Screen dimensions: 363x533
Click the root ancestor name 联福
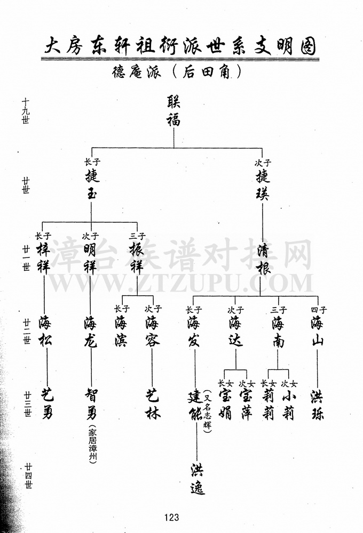pyautogui.click(x=173, y=111)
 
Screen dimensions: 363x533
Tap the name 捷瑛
pyautogui.click(x=263, y=185)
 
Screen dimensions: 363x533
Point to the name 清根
pyautogui.click(x=264, y=260)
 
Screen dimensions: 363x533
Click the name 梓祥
pyautogui.click(x=43, y=258)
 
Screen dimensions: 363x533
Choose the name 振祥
pyautogui.click(x=137, y=258)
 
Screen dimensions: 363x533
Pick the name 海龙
pyautogui.click(x=90, y=332)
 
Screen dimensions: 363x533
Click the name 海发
pyautogui.click(x=193, y=332)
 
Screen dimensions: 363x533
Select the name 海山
pyautogui.click(x=317, y=331)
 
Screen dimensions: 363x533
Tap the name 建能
pyautogui.click(x=195, y=406)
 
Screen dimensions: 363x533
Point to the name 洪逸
pyautogui.click(x=197, y=479)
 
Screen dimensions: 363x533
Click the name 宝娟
pyautogui.click(x=225, y=405)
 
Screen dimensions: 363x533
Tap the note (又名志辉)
pyautogui.click(x=207, y=411)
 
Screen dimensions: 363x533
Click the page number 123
pyautogui.click(x=171, y=518)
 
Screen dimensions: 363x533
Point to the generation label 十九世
pyautogui.click(x=26, y=111)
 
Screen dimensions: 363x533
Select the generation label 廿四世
pyautogui.click(x=28, y=475)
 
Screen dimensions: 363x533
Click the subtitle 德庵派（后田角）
pyautogui.click(x=177, y=72)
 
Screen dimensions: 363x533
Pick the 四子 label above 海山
pyautogui.click(x=318, y=310)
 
